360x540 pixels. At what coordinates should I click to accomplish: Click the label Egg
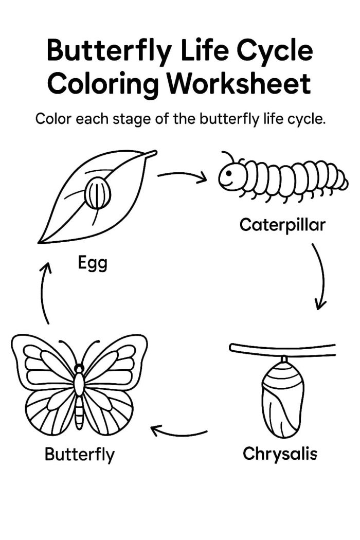tap(93, 263)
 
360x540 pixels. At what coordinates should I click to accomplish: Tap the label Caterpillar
tap(282, 225)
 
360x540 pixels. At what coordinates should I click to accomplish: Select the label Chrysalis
tap(280, 454)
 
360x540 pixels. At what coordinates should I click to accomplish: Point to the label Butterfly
tap(80, 454)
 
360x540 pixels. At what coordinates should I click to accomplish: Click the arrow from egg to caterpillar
tap(183, 176)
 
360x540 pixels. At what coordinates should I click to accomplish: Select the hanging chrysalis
tap(281, 396)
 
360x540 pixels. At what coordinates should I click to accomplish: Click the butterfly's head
tap(79, 368)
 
